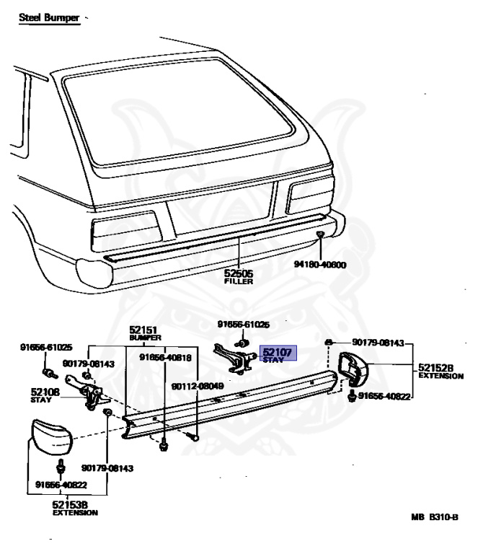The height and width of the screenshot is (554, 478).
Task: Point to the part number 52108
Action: pos(45,393)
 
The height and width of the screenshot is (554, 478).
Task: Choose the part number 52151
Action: pos(144,329)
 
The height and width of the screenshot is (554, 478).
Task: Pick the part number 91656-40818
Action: pos(167,356)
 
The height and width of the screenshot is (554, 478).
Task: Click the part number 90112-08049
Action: pos(198,386)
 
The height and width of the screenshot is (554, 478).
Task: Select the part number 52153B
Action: pos(71,504)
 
